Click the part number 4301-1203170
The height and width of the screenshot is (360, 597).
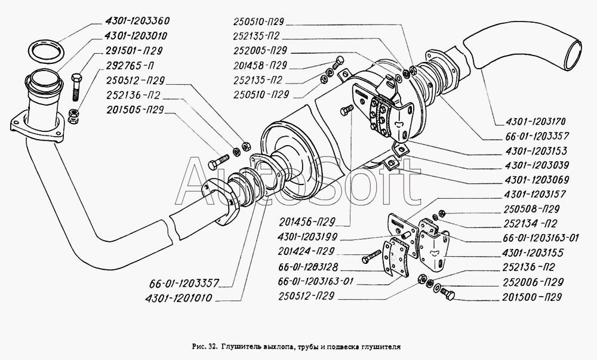tap(536, 121)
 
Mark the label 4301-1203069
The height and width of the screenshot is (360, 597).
tap(537, 180)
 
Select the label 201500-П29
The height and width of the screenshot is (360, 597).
tap(532, 297)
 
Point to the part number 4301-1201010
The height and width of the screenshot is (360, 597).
tap(178, 297)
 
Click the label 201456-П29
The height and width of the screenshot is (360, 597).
tap(307, 221)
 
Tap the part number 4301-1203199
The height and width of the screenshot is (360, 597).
tap(307, 236)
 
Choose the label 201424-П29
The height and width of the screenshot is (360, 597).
tap(306, 251)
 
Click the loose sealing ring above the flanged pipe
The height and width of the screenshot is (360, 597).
tap(46, 51)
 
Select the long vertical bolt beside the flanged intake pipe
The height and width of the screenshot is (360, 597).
tap(76, 88)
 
